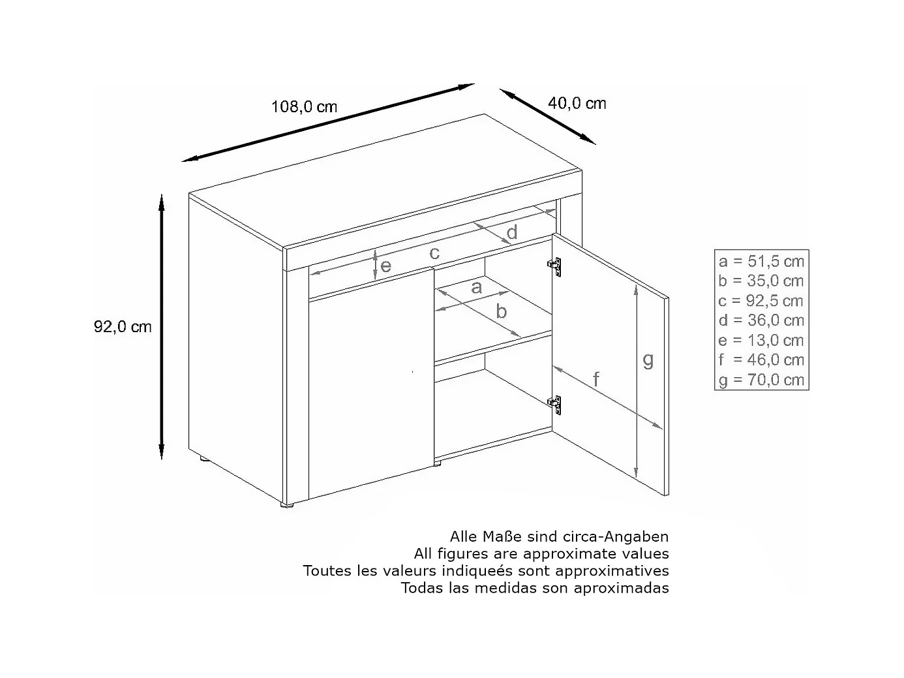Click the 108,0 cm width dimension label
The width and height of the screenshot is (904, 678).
point(305,106)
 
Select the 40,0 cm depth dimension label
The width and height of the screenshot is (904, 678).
point(577,103)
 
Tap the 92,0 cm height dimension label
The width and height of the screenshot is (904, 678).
point(123,327)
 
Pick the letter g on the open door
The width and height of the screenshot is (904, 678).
point(648,360)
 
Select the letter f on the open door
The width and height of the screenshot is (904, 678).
point(595,378)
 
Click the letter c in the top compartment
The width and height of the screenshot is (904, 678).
point(434,253)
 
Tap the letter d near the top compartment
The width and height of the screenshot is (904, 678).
point(512,232)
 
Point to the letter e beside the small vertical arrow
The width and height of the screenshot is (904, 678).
point(386,266)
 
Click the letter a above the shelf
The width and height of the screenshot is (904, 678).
point(476,286)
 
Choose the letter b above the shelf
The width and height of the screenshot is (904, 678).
point(501,311)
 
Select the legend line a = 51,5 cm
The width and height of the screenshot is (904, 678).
point(761,262)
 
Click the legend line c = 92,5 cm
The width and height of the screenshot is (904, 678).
point(761,301)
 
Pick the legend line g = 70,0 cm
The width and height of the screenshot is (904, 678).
point(761,380)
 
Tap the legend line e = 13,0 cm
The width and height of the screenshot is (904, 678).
point(761,340)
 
